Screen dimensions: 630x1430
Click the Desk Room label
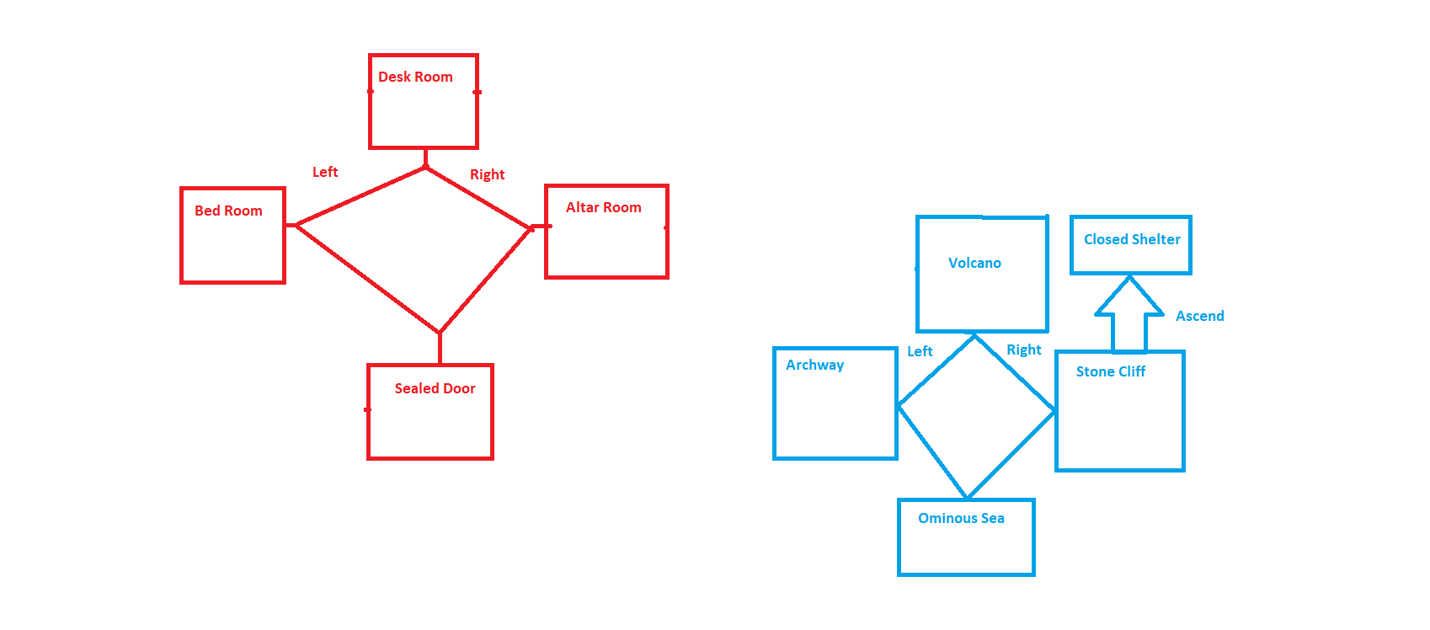point(415,77)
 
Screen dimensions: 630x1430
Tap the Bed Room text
point(228,211)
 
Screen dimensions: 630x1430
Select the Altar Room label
point(603,207)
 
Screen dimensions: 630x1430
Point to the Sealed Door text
point(435,388)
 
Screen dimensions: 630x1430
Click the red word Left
point(325,172)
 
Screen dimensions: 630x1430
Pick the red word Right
point(487,174)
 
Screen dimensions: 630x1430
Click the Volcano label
point(974,263)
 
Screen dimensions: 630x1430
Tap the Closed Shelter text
point(1132,239)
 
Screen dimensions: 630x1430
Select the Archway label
point(814,365)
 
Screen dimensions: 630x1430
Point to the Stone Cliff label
point(1110,371)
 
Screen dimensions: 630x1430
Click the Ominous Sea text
point(961,518)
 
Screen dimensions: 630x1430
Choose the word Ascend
point(1199,316)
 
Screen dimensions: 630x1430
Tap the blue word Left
point(920,351)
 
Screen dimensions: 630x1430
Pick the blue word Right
point(1023,350)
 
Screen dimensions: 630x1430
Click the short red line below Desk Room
point(425,157)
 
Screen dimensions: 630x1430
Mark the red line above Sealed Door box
point(440,348)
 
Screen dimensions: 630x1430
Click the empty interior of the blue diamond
point(975,413)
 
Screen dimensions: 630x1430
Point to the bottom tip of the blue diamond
point(968,497)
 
